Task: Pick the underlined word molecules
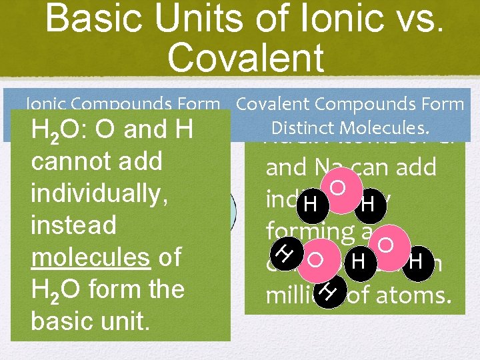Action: point(91,257)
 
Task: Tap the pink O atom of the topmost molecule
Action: point(337,188)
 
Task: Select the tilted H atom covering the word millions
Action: point(327,291)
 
